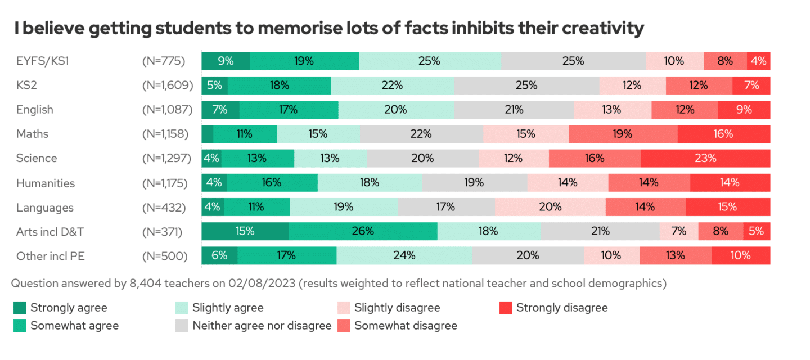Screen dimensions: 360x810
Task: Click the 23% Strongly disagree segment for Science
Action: pyautogui.click(x=705, y=158)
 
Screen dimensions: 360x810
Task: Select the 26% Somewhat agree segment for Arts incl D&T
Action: pyautogui.click(x=363, y=231)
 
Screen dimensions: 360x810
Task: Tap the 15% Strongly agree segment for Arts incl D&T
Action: pyautogui.click(x=245, y=231)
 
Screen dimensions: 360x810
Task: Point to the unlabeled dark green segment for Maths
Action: pyautogui.click(x=208, y=134)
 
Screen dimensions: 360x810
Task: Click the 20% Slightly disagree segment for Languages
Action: pyautogui.click(x=550, y=207)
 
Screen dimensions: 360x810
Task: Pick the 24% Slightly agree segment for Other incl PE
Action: pyautogui.click(x=404, y=255)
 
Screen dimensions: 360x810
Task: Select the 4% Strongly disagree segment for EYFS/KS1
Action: pyautogui.click(x=759, y=61)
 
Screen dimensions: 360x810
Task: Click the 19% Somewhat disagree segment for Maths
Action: pyautogui.click(x=623, y=134)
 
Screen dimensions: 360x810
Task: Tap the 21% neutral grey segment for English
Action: pyautogui.click(x=514, y=110)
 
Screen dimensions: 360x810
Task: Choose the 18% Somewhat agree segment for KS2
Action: pyautogui.click(x=280, y=85)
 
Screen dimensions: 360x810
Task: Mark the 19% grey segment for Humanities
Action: pyautogui.click(x=474, y=183)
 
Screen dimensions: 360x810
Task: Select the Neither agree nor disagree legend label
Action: pyautogui.click(x=262, y=325)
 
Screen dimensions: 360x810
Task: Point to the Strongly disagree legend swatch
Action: pyautogui.click(x=505, y=308)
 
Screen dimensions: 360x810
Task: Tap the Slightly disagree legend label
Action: pyautogui.click(x=397, y=308)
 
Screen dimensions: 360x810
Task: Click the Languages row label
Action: pyautogui.click(x=45, y=208)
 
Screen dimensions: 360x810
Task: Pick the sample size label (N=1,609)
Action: pyautogui.click(x=168, y=85)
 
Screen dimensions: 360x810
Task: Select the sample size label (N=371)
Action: pyautogui.click(x=164, y=231)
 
